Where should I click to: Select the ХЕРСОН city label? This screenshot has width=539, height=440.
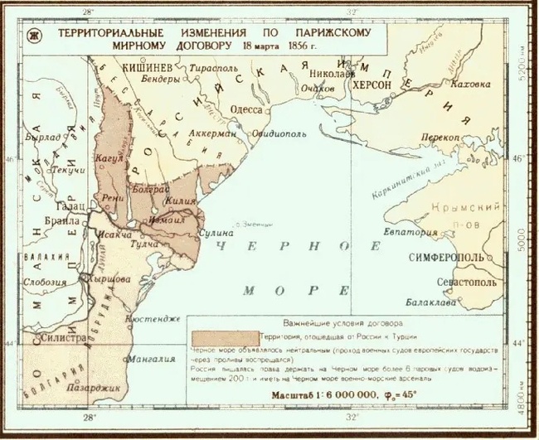[376, 85]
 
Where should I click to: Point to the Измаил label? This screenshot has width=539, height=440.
[168, 221]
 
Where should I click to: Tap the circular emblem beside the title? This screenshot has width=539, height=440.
[35, 35]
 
